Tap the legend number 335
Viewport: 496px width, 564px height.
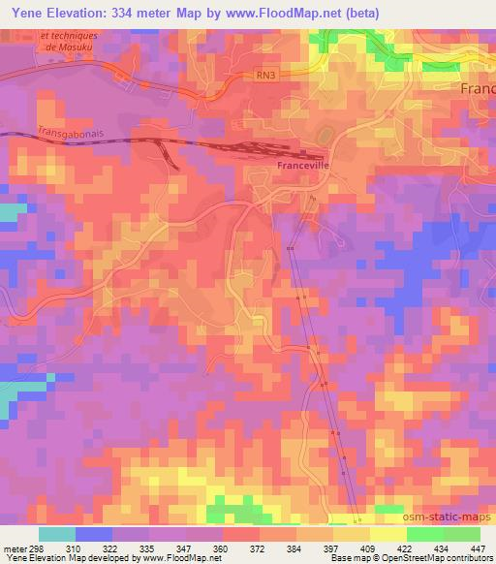148,548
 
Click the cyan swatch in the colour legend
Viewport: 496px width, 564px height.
56,534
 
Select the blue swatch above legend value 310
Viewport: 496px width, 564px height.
93,534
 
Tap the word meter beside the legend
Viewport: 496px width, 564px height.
14,548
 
